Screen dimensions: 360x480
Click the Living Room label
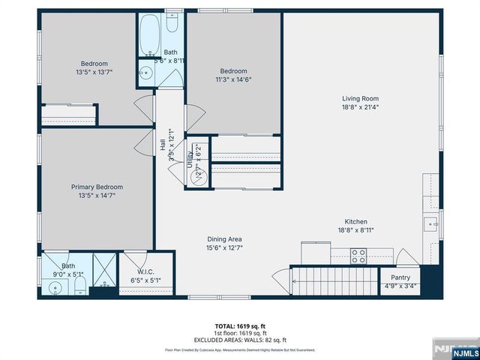[361, 98]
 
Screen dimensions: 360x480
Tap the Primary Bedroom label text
[97, 187]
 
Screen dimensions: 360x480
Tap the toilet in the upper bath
[172, 27]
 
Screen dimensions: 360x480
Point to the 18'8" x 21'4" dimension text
[361, 107]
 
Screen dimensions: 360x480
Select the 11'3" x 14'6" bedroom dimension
[233, 79]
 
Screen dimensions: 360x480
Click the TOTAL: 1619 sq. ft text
[240, 325]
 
